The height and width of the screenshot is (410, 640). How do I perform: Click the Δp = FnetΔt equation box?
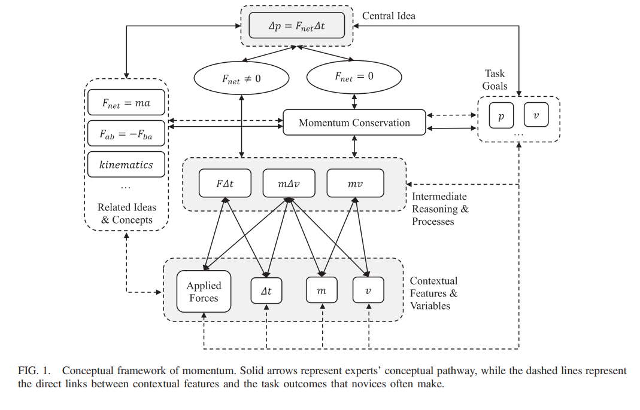pyautogui.click(x=297, y=26)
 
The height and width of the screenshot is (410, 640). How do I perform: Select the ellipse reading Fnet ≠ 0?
pyautogui.click(x=241, y=78)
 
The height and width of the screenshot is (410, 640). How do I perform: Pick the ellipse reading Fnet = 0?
pyautogui.click(x=354, y=77)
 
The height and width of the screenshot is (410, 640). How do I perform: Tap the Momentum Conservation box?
pyautogui.click(x=354, y=123)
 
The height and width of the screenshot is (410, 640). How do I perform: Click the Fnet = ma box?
pyautogui.click(x=126, y=103)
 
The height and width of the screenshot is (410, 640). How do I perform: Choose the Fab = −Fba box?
pyautogui.click(x=126, y=134)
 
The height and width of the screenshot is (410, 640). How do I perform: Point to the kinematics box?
pyautogui.click(x=126, y=165)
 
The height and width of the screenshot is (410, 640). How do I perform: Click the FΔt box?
pyautogui.click(x=225, y=183)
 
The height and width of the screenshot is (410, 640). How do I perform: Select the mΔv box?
pyautogui.click(x=289, y=183)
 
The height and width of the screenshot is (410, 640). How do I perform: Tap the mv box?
pyautogui.click(x=355, y=183)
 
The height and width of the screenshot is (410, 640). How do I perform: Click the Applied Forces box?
pyautogui.click(x=204, y=292)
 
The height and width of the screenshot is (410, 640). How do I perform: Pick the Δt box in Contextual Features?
pyautogui.click(x=266, y=290)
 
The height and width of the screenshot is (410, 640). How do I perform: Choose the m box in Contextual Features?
pyautogui.click(x=321, y=290)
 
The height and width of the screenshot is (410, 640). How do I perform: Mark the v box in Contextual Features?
pyautogui.click(x=368, y=290)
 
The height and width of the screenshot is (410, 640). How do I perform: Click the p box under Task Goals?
pyautogui.click(x=501, y=115)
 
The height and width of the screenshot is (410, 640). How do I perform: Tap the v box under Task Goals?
pyautogui.click(x=536, y=115)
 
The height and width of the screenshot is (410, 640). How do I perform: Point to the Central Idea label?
pyautogui.click(x=389, y=16)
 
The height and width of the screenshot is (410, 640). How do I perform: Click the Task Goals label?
pyautogui.click(x=495, y=79)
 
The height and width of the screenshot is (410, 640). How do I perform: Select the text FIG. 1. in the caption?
pyautogui.click(x=34, y=371)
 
